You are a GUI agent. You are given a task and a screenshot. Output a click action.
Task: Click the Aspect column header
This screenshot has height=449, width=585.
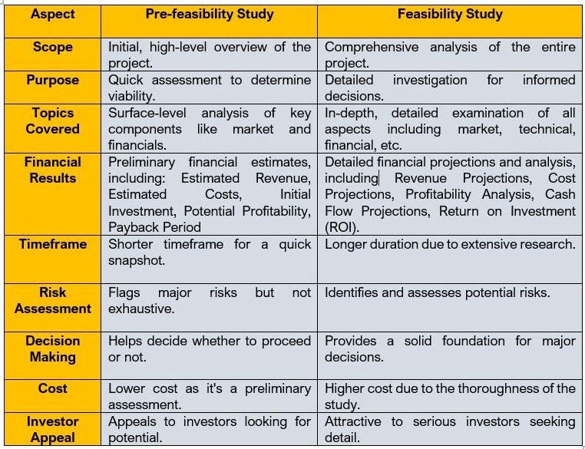coord(52,14)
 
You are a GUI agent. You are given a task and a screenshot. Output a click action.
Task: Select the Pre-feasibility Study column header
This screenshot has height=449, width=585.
coord(209,14)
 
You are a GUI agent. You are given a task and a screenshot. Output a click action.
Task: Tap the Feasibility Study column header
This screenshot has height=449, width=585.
coord(450,14)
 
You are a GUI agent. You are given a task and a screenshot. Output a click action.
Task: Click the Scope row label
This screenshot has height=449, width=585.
coord(52,47)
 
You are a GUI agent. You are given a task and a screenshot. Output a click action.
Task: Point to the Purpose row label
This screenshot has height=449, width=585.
coord(52,80)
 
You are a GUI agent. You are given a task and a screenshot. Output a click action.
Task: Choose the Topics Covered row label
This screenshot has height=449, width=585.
coord(52,121)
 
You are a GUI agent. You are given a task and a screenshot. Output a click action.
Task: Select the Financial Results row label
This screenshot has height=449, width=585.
coord(52,170)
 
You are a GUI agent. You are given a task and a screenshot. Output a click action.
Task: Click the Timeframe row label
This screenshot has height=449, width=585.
coord(52,244)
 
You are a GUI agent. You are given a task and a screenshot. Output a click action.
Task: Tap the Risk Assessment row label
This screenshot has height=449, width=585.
coord(52,300)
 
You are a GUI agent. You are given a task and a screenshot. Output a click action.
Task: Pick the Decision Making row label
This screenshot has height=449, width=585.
coord(52,348)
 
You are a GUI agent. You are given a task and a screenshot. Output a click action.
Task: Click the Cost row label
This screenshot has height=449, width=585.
coord(52,388)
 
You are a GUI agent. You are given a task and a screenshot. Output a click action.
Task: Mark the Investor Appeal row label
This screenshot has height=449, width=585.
coord(52,429)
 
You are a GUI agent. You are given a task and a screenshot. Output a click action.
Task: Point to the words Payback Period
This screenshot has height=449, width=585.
coord(154,227)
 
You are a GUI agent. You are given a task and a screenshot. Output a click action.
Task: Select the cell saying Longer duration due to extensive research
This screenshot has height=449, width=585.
coord(450,245)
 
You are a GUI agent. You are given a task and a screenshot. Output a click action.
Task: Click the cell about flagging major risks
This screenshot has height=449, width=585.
coord(209,300)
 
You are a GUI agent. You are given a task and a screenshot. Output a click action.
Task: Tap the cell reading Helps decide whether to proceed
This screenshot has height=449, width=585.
coord(209,348)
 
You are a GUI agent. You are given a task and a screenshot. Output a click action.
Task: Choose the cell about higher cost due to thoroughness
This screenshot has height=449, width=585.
coord(450,396)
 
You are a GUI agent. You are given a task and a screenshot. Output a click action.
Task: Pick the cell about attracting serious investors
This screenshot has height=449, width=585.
coord(450,429)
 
